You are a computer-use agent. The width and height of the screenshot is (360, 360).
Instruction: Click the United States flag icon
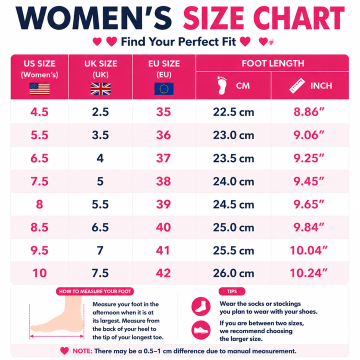tap(39, 88)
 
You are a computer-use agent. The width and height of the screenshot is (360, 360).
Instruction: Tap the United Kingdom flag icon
tap(100, 88)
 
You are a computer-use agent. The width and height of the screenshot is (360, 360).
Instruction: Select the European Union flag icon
tap(164, 88)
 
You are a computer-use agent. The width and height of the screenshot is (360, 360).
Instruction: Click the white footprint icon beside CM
tap(222, 85)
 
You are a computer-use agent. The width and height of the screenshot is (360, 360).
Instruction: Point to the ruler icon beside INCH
tap(297, 85)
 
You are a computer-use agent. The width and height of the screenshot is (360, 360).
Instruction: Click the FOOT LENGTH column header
tap(273, 63)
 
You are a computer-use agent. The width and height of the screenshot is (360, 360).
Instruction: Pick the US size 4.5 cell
tap(39, 112)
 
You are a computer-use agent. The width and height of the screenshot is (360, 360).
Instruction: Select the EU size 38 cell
tap(163, 181)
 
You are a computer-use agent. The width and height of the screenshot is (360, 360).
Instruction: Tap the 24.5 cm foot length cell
tap(233, 204)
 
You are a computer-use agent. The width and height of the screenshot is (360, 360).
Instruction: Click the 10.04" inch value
tap(308, 250)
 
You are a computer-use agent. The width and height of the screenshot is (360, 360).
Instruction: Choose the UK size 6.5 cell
tap(100, 227)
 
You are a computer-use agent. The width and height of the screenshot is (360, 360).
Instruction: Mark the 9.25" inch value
tap(309, 158)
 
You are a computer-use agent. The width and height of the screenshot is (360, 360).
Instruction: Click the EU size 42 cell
tap(163, 273)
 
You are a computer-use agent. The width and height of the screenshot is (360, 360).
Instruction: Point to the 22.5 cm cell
tap(233, 112)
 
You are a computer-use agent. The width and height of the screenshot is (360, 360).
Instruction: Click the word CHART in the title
tap(299, 18)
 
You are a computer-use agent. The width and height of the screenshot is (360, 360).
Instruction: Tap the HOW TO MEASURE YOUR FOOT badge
tap(95, 291)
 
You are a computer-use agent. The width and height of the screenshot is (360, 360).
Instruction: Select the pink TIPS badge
tap(232, 291)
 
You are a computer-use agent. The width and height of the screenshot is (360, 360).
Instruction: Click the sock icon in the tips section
tap(201, 306)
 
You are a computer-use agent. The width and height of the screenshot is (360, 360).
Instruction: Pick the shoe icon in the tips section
tap(201, 330)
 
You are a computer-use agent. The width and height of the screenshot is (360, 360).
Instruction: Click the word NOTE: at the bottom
tap(82, 351)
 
